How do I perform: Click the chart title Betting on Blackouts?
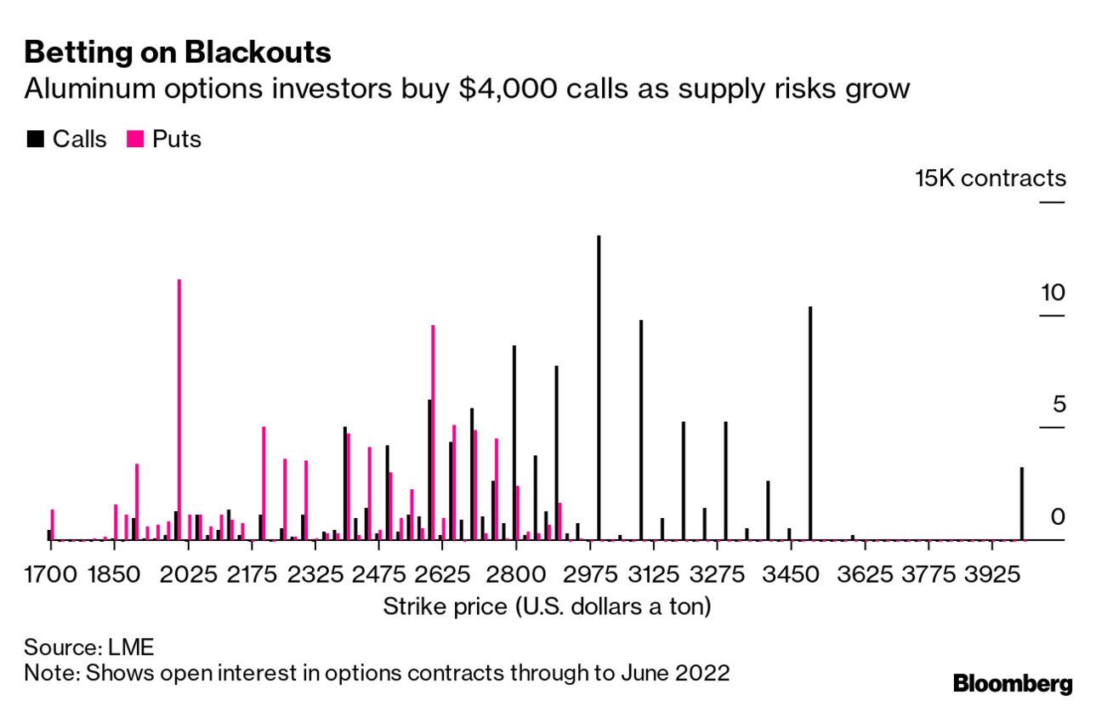click(178, 53)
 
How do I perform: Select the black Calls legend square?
click(35, 139)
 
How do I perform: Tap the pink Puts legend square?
click(134, 139)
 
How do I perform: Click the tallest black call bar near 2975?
click(599, 387)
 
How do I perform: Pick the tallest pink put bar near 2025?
click(179, 409)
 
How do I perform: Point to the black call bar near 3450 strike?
click(810, 423)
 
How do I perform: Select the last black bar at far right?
click(1022, 504)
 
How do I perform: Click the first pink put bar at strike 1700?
click(53, 524)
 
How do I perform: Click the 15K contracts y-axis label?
click(990, 179)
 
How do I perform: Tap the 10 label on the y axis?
click(1053, 293)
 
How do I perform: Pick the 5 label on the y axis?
click(1059, 404)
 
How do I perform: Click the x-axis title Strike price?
click(547, 606)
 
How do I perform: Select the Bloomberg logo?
click(1013, 683)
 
